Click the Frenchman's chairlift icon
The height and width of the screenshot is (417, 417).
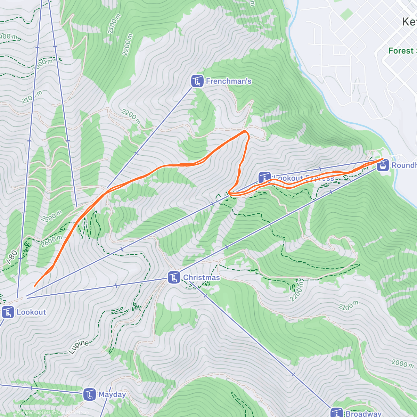197,81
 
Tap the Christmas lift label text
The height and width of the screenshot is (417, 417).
202,278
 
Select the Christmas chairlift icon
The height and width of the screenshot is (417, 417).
174,278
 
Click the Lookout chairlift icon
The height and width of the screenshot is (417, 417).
8,312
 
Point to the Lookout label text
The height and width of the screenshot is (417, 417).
31,312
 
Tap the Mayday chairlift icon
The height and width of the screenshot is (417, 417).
90,395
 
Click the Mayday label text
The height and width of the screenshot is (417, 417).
112,395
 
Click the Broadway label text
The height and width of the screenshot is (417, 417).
363,414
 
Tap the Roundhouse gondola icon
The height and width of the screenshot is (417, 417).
383,165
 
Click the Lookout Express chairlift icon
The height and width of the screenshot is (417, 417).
265,178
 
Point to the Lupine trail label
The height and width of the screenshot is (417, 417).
79,347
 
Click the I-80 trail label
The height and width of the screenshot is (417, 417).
12,257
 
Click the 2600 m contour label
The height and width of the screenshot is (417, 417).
52,241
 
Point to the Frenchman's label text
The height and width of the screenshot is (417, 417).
229,81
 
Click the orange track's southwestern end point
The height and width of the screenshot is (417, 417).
34,286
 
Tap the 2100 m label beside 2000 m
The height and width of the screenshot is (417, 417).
348,306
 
